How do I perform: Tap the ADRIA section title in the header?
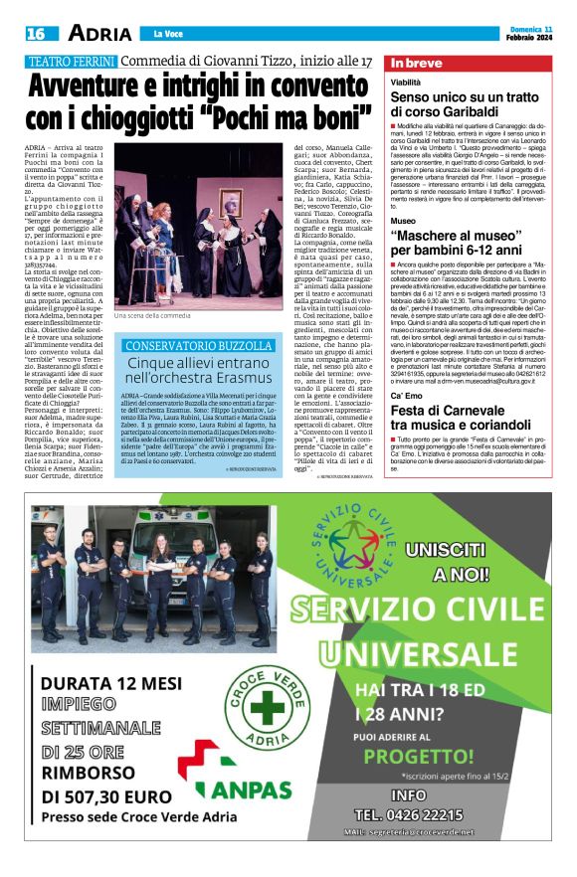98,33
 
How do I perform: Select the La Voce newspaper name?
164,34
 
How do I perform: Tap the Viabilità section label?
405,82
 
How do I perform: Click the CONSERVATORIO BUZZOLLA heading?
196,346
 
